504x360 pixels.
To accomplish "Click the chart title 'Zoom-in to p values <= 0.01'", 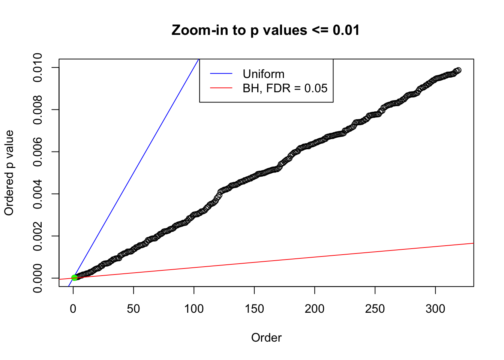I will (x=265, y=30).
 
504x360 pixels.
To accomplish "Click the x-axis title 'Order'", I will (x=266, y=337).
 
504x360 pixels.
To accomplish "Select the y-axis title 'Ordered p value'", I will (x=9, y=173).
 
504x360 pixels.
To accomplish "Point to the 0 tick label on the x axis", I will (x=73, y=309).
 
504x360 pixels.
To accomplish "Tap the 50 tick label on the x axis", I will (x=133, y=309).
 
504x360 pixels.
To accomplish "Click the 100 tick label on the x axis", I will (x=194, y=309).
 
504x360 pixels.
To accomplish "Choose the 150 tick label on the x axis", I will (x=254, y=309).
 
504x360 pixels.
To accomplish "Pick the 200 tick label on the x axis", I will (x=315, y=309).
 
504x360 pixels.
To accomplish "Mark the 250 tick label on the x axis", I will (x=375, y=309).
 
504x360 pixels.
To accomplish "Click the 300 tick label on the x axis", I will (x=435, y=309).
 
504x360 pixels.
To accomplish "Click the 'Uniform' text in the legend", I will (x=264, y=74).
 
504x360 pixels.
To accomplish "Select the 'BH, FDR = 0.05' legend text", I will (x=285, y=88).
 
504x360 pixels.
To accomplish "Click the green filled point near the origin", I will (x=74, y=277).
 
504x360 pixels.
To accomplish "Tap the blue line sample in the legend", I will (x=221, y=74).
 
